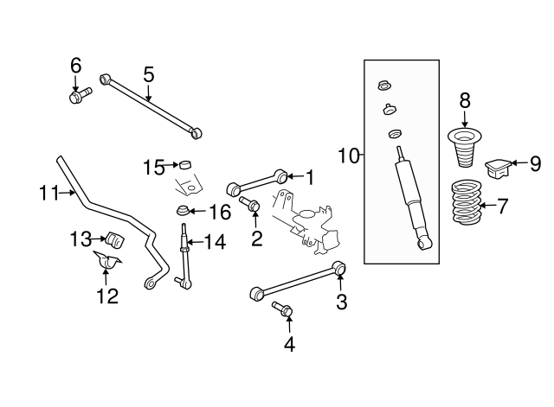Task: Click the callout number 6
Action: pos(75,65)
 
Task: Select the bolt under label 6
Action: pos(76,95)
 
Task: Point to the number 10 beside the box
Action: pos(348,156)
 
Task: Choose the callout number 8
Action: pos(465,99)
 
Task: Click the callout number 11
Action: pos(48,194)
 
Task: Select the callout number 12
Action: pos(106,296)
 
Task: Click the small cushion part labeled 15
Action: pos(183,164)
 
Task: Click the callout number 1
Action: pos(308,177)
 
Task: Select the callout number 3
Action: pos(341,302)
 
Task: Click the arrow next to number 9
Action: pos(516,162)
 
